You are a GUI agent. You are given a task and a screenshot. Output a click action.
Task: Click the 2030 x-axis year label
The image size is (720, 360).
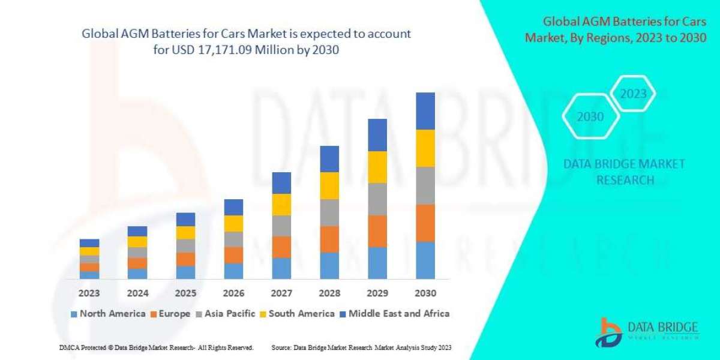pos(425,293)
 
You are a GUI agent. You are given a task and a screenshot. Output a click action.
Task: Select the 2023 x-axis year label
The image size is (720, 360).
pos(89,293)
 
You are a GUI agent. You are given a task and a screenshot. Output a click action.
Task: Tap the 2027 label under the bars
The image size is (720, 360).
pos(281,293)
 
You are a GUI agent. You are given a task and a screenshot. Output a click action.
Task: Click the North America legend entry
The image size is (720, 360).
pos(107,313)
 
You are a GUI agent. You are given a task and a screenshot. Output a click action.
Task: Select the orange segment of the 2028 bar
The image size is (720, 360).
pos(329,239)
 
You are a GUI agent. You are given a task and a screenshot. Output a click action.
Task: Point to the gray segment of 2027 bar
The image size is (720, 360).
pos(281,226)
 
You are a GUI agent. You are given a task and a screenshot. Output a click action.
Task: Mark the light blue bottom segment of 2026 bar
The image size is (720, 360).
pos(233,271)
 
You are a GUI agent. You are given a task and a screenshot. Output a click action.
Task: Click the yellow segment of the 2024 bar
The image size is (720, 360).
pos(137,242)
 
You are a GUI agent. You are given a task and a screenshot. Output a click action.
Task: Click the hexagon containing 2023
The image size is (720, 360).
pos(633,94)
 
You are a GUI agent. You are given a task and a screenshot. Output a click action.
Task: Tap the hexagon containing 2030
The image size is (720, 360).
pos(590,117)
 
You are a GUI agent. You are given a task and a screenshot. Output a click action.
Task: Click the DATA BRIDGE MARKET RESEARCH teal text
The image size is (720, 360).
pos(625,172)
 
